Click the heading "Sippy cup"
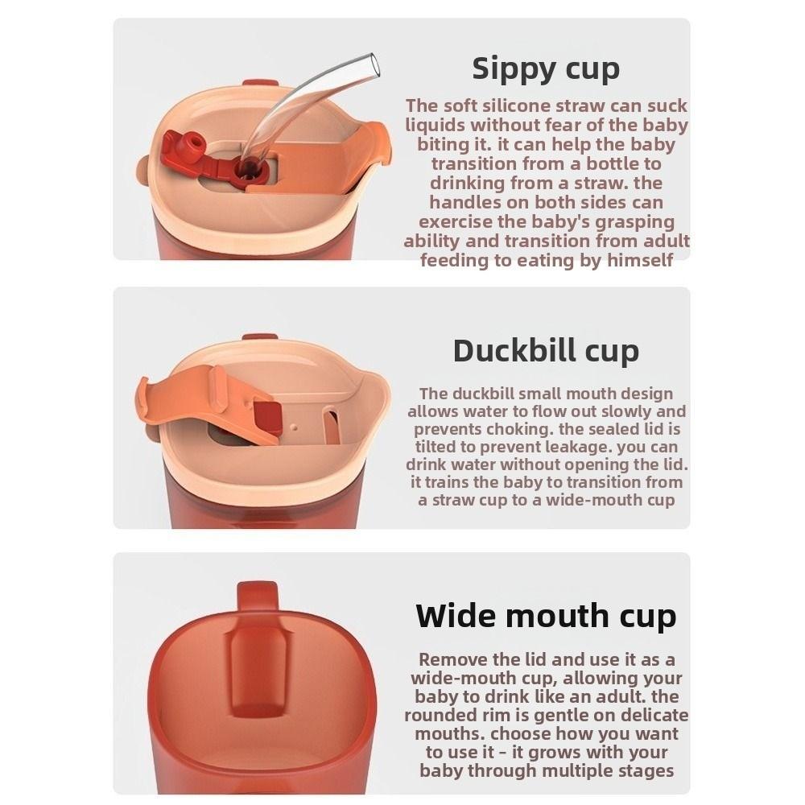546,68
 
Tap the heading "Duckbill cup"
546,350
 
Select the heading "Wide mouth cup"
546,616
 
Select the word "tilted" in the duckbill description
436,447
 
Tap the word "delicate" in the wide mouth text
649,715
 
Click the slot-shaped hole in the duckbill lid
330,426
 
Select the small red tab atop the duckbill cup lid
259,336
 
